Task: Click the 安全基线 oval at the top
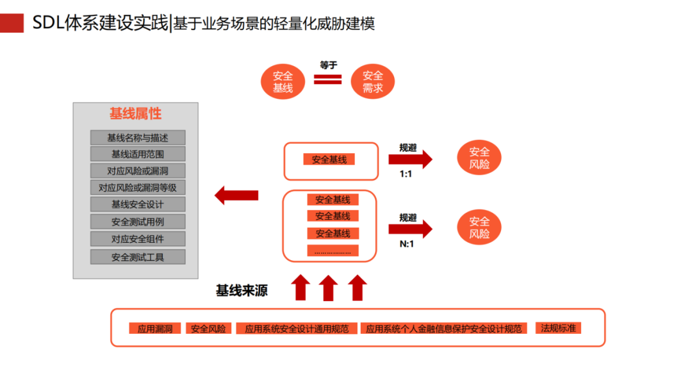click(283, 82)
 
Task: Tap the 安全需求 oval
click(373, 82)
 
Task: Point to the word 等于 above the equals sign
click(328, 65)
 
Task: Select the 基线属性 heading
click(135, 114)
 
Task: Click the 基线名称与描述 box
click(138, 138)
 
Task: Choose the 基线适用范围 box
click(138, 154)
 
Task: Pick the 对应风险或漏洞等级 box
click(138, 188)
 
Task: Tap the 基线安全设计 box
click(138, 204)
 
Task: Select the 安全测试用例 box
click(138, 222)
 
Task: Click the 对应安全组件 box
click(138, 239)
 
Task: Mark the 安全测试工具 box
click(138, 257)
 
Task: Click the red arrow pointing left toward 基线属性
click(236, 195)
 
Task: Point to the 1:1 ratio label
click(406, 174)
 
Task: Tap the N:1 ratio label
click(407, 244)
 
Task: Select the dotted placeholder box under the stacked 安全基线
click(333, 251)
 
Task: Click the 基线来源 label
click(242, 290)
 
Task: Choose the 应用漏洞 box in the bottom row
click(155, 329)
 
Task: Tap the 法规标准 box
click(559, 328)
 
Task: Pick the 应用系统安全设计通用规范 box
click(297, 329)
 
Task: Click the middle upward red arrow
click(328, 288)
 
